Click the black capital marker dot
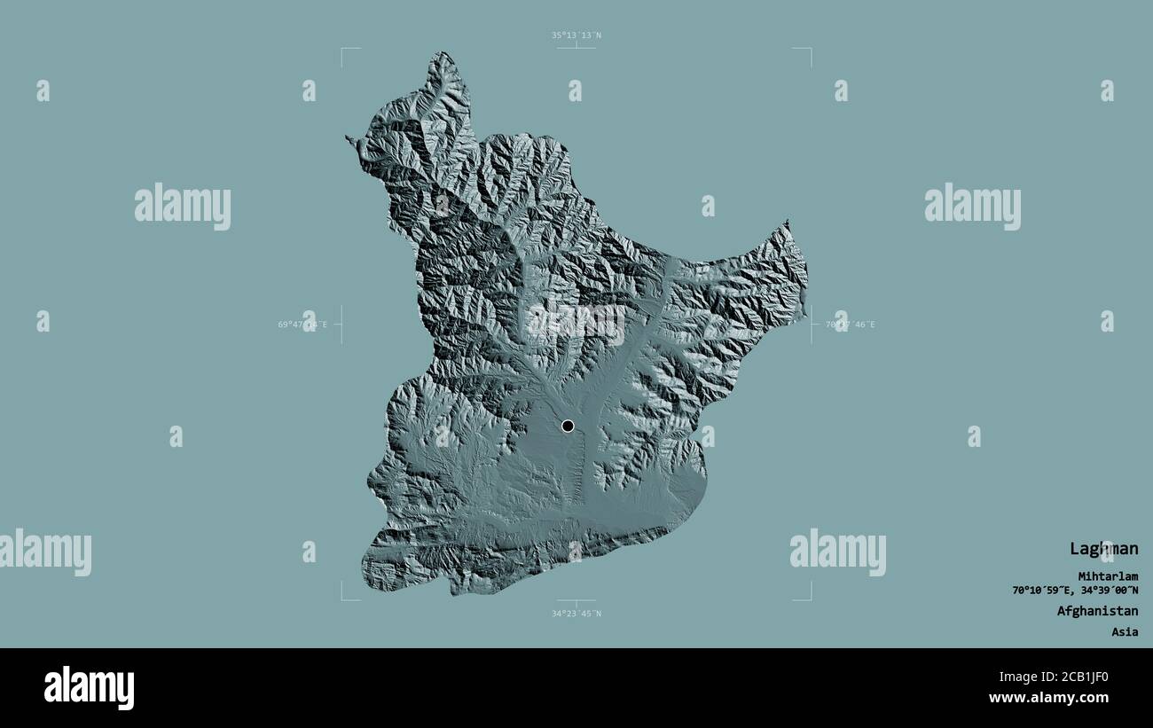568,426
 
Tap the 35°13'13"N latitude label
576,35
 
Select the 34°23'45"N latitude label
576,614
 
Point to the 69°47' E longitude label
302,325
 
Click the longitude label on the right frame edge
850,325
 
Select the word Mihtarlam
1108,576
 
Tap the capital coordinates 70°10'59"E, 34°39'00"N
1075,591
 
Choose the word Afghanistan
1097,611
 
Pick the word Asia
1125,632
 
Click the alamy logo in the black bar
89,687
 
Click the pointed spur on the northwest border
349,138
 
